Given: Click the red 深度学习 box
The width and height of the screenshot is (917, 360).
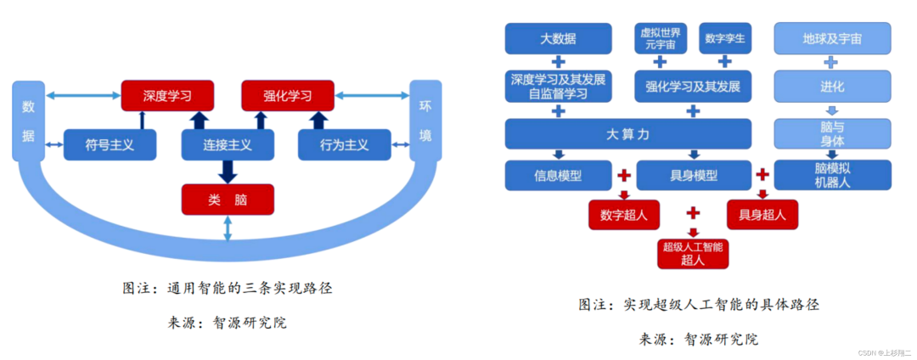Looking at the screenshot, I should click(x=167, y=94).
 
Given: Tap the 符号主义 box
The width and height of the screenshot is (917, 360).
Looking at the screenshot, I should click(x=110, y=145).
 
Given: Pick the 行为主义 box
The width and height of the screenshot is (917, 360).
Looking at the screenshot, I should click(x=345, y=145).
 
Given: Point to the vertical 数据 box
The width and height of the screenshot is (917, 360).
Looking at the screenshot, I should click(x=28, y=121).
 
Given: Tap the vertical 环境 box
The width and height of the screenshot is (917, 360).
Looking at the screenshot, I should click(x=425, y=121).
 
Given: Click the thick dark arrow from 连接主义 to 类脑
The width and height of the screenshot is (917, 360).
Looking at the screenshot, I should click(x=228, y=171).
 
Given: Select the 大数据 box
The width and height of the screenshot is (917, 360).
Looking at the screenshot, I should click(x=558, y=39).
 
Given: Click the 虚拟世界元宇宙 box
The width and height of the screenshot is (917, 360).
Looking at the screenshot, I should click(x=660, y=38).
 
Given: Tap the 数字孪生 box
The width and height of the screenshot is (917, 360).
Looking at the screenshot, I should click(x=725, y=38).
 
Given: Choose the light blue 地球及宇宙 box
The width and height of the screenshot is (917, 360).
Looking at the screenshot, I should click(x=832, y=39).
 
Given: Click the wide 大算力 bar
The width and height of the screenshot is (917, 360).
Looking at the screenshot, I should click(x=627, y=133).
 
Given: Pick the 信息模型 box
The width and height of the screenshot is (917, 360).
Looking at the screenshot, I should click(x=558, y=176).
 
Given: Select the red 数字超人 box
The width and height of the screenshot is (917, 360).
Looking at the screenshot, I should click(x=624, y=214).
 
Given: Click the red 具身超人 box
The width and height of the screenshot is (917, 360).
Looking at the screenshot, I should click(x=762, y=214).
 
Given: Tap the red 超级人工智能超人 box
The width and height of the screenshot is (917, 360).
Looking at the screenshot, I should click(x=693, y=253).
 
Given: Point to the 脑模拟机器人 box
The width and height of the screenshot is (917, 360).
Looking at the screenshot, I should click(x=832, y=175).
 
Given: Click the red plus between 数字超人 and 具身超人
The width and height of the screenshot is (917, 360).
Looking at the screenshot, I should click(x=693, y=212).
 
